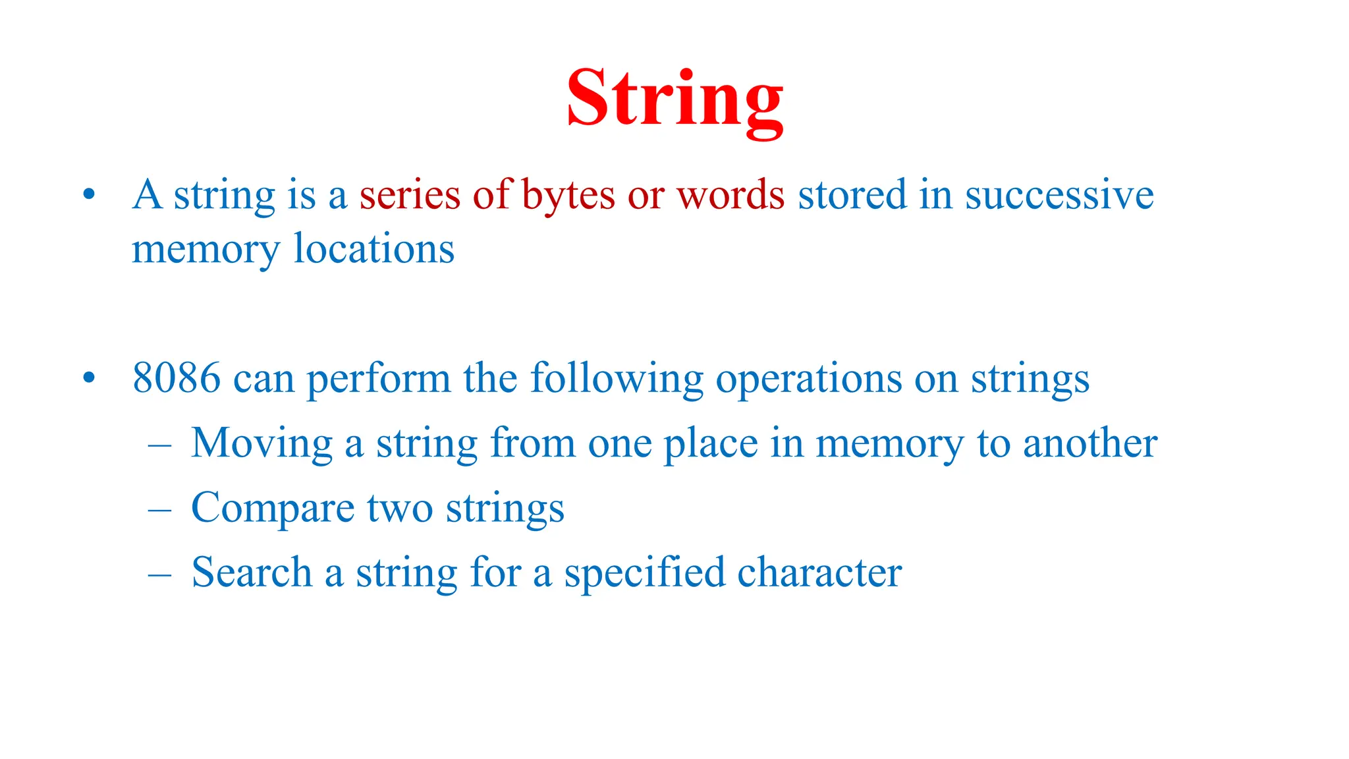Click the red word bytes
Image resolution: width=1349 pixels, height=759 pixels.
point(568,196)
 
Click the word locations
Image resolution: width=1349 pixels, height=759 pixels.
point(373,250)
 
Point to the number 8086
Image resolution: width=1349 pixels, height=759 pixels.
point(176,379)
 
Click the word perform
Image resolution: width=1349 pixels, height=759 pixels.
point(378,380)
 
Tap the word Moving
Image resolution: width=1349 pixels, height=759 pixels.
point(262,443)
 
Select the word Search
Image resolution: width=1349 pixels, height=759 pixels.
point(251,572)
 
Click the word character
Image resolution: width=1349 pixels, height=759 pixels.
point(819,572)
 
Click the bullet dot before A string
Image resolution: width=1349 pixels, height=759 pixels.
point(89,195)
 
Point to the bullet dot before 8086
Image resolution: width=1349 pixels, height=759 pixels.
point(89,379)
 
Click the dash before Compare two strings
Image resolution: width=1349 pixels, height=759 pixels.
point(159,510)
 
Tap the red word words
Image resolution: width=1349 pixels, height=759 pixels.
point(730,196)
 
